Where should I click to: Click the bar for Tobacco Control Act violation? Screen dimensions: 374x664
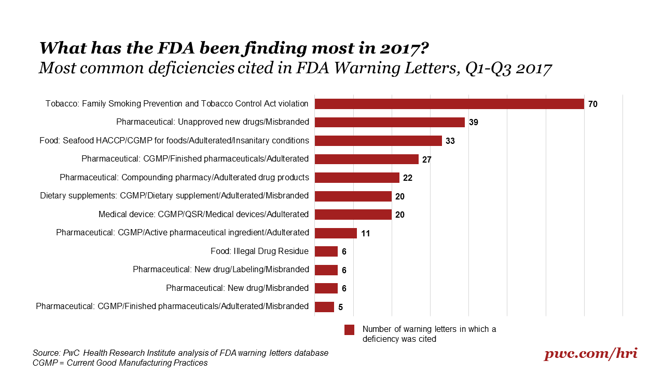[449, 104]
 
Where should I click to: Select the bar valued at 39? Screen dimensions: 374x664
[390, 123]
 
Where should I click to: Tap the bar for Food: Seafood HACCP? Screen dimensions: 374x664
[378, 141]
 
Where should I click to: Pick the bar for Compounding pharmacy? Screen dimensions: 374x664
[357, 178]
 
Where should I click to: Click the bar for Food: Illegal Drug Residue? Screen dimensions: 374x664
[326, 251]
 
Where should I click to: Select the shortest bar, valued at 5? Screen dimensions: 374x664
[324, 306]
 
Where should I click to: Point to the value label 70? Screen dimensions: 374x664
[593, 104]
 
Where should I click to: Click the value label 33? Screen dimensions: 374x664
[450, 141]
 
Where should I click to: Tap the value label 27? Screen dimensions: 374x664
[427, 159]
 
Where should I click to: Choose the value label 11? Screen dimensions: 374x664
[365, 233]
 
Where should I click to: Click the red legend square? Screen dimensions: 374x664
[349, 330]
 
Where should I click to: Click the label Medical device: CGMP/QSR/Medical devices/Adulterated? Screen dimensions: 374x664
[203, 214]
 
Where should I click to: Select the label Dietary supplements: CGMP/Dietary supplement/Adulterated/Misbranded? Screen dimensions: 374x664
[174, 196]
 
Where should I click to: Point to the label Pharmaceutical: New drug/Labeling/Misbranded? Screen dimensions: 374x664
[220, 270]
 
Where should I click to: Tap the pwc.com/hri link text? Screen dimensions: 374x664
[590, 354]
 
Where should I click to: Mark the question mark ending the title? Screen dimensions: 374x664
[423, 48]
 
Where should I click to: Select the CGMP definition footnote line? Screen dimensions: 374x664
[120, 363]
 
